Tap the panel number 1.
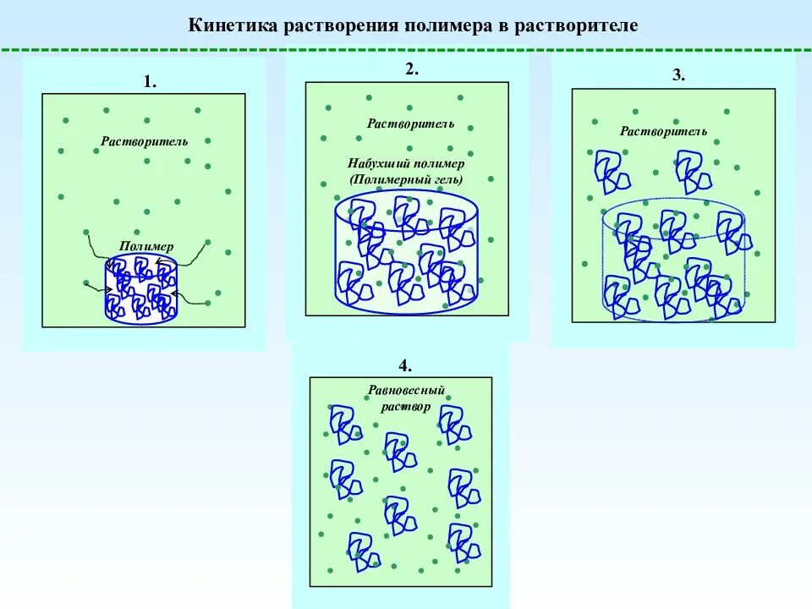[149, 82]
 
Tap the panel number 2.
[411, 70]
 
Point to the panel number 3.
[678, 75]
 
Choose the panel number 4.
[405, 365]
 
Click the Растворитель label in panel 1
[145, 141]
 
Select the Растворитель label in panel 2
[410, 123]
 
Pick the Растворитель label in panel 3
[663, 131]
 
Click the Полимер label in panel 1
[145, 246]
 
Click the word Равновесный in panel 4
[406, 392]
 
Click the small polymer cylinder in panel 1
[140, 292]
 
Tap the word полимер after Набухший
[440, 164]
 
